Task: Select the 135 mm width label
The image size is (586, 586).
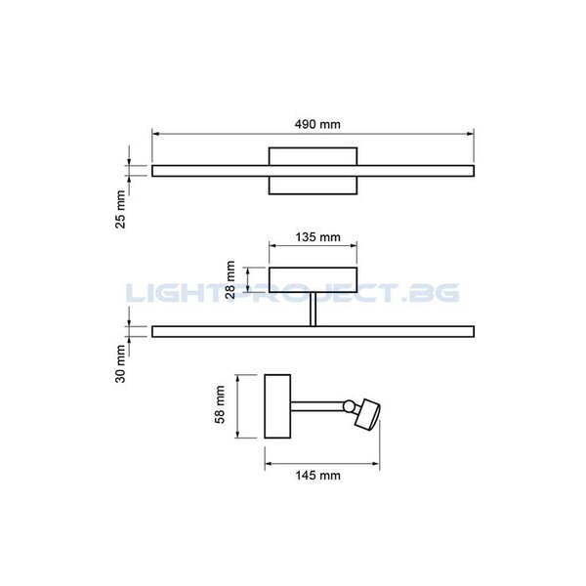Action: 313,236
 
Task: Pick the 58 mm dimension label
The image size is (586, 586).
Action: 220,404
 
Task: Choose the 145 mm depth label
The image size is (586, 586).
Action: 314,476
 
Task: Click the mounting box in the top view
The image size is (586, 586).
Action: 313,171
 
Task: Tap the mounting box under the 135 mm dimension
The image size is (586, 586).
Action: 313,280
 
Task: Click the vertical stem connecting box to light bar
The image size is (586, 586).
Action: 313,311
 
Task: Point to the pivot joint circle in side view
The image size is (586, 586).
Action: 348,405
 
